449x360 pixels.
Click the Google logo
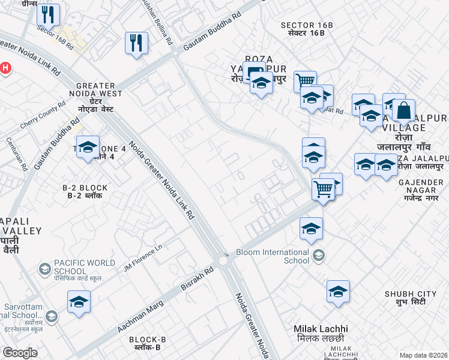[20, 353]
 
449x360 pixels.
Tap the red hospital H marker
[5, 68]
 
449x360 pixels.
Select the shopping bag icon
[404, 111]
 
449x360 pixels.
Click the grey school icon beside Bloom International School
[319, 256]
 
